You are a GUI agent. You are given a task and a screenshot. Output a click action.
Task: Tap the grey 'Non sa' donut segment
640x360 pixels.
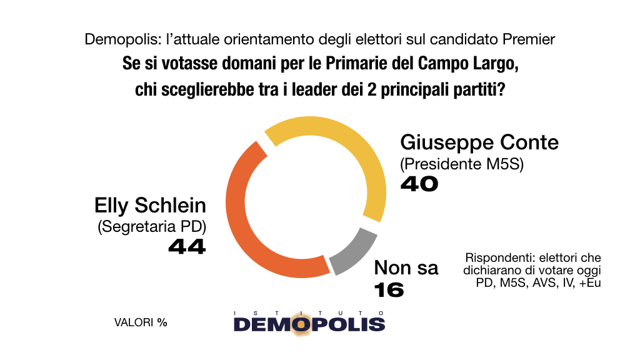point(356,253)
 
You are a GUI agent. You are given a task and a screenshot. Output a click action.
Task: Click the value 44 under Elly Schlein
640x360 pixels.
point(187,246)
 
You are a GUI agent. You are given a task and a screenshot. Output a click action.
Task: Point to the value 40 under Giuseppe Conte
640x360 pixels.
point(419,184)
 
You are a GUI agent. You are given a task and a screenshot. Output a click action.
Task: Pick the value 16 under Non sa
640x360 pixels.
point(389,290)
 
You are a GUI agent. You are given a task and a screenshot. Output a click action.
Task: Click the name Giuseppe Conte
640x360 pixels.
point(479,143)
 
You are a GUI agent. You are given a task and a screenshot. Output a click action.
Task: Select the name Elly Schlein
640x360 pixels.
point(150,205)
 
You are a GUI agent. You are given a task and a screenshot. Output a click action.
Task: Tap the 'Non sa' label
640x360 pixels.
point(406,268)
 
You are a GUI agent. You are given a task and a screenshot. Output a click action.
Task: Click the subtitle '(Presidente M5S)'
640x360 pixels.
point(462,164)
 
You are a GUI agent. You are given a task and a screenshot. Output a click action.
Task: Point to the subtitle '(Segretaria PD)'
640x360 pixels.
point(152,226)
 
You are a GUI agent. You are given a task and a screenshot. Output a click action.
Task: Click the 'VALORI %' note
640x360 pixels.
point(141,322)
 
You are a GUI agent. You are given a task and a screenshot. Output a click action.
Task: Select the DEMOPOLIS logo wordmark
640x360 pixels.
point(309,324)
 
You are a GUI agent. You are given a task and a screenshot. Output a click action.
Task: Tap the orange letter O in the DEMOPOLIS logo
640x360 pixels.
point(301,324)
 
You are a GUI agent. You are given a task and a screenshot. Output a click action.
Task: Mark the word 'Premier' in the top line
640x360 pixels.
point(529,39)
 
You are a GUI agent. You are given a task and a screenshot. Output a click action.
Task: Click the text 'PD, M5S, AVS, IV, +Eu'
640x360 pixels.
point(538,282)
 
